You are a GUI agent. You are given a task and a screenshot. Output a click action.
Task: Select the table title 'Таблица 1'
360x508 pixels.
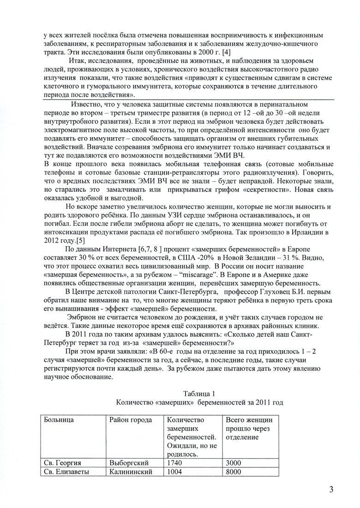[199, 394]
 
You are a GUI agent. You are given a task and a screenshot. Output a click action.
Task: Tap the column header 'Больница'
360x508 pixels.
[59, 420]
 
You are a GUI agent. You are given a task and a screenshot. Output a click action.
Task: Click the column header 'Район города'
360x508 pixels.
[131, 420]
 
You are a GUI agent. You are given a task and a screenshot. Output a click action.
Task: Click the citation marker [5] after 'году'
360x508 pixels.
[80, 241]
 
